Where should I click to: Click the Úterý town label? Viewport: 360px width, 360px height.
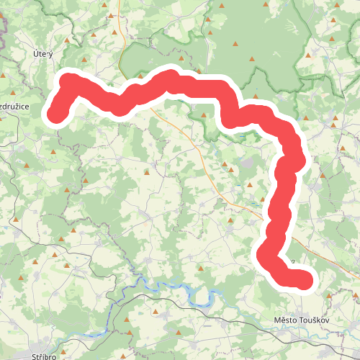[x=44, y=54]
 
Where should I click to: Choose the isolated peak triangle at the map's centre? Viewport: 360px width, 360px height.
[x=146, y=172]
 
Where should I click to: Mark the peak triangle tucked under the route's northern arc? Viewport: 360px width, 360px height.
[x=206, y=115]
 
